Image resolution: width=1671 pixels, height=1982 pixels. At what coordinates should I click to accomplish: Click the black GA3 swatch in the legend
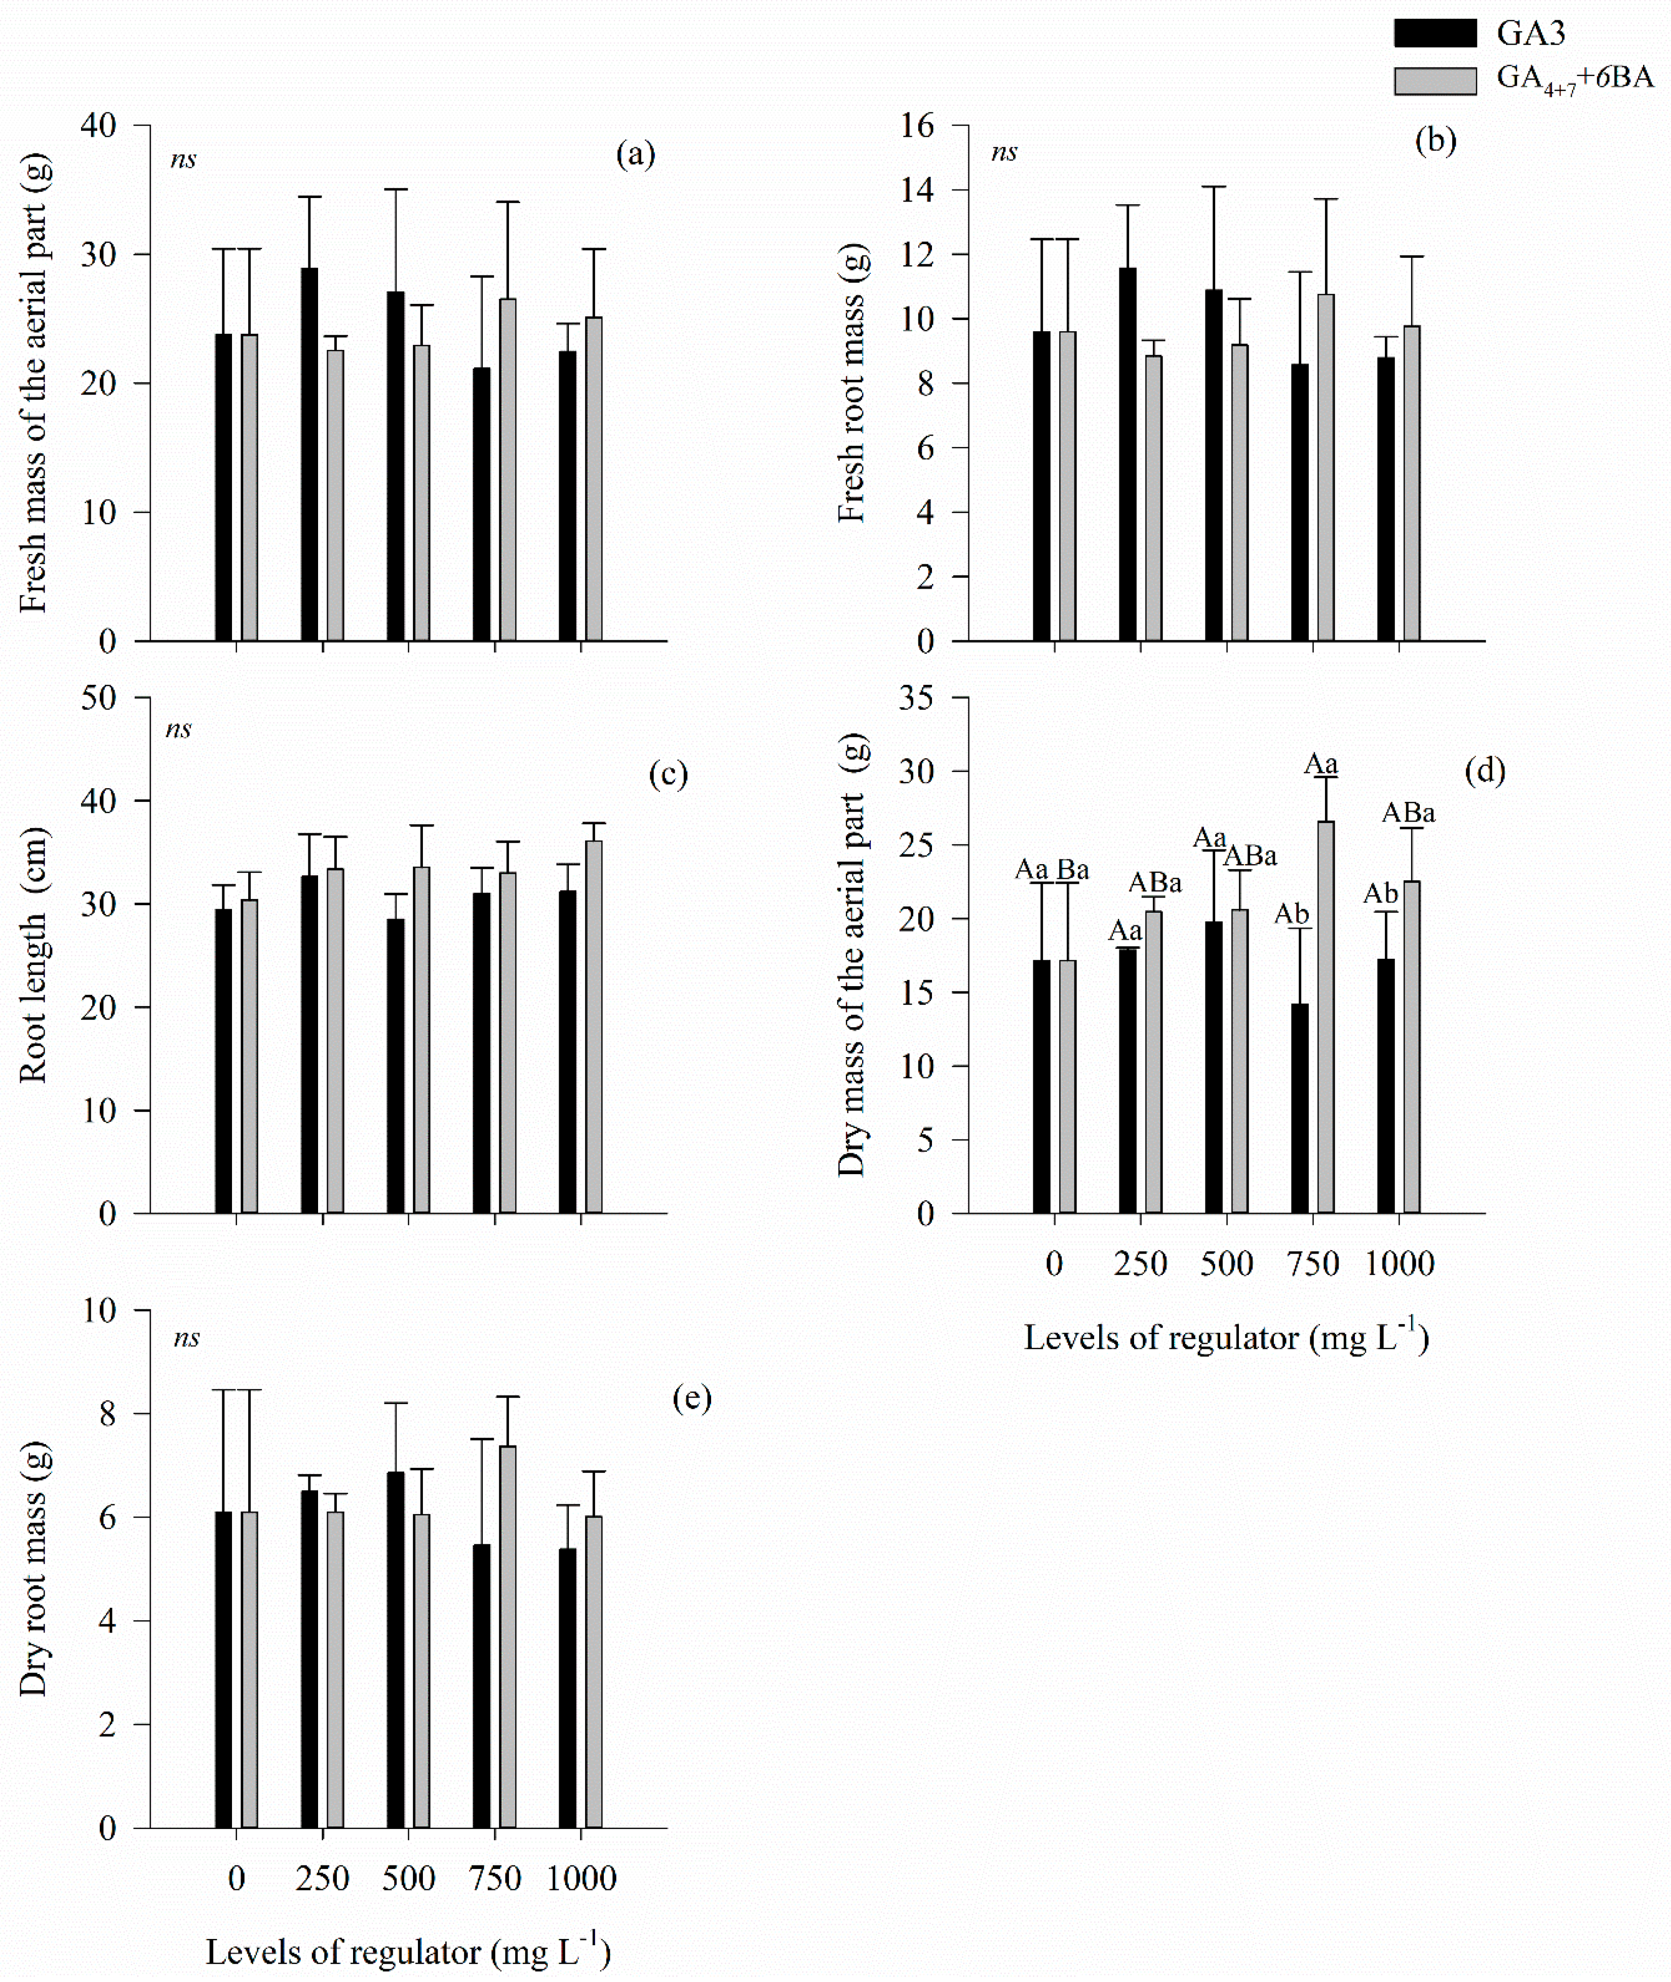(x=1434, y=33)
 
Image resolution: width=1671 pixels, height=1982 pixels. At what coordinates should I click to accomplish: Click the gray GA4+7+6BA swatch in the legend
(x=1434, y=81)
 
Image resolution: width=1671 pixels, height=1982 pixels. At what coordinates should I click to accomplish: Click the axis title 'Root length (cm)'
(x=33, y=955)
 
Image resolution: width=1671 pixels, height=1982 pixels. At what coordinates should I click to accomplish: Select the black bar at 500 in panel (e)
(x=395, y=1649)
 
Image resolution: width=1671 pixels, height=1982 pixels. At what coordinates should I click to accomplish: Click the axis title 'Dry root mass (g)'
(x=33, y=1569)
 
